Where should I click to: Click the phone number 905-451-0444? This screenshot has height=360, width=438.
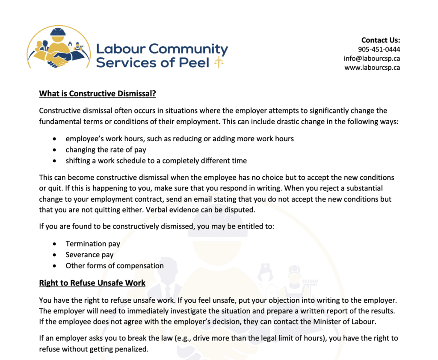379,49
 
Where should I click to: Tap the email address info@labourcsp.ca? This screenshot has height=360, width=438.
372,58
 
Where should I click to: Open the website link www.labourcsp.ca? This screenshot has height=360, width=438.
372,67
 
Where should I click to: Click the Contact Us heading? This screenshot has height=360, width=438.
381,40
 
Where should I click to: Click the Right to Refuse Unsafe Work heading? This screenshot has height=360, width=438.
92,283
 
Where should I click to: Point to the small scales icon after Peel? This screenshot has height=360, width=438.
219,63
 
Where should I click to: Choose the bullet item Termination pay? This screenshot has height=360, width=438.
93,244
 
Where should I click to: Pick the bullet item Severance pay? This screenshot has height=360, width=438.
89,255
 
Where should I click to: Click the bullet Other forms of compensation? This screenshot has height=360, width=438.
114,265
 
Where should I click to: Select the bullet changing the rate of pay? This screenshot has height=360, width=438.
106,150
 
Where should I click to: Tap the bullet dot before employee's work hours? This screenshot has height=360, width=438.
54,139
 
